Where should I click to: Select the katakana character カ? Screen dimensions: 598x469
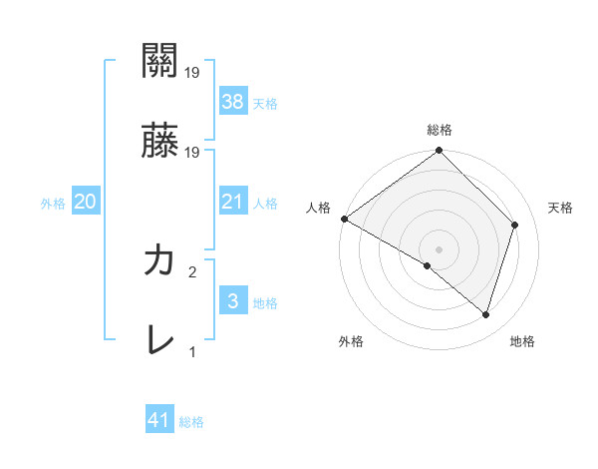[x=159, y=261]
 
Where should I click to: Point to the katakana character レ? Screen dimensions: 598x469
[x=159, y=342]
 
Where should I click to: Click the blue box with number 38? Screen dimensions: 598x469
[x=232, y=101]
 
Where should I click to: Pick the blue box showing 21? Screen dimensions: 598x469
[x=232, y=203]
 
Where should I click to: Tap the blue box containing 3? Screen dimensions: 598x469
[x=232, y=302]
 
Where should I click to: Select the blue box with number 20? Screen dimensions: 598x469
[x=85, y=203]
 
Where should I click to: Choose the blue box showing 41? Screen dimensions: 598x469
[x=159, y=421]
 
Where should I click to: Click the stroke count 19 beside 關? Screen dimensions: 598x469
[x=192, y=72]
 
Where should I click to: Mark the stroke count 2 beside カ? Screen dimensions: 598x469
[x=192, y=271]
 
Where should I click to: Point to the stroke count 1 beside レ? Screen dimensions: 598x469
[x=192, y=352]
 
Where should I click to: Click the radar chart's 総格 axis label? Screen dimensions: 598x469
[x=440, y=130]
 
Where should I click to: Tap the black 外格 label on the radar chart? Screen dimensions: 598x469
[x=351, y=342]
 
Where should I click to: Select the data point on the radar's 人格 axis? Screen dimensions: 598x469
[x=344, y=219]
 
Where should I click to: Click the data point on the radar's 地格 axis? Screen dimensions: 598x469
[x=486, y=314]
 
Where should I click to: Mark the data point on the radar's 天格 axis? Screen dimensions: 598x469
[x=515, y=225]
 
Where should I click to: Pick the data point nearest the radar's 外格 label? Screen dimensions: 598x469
[x=428, y=265]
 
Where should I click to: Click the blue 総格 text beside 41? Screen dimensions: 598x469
[x=191, y=422]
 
